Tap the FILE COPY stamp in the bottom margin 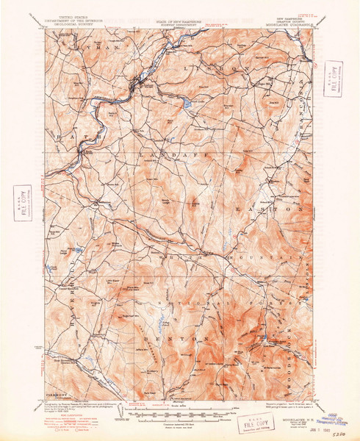point(240,423)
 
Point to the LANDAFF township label point(176,156)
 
